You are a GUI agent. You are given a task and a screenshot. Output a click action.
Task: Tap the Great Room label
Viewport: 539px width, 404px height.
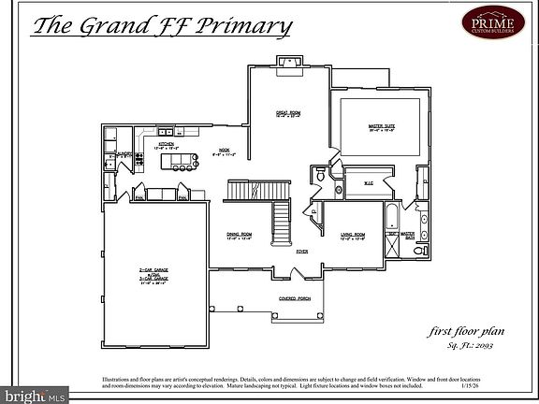point(287,115)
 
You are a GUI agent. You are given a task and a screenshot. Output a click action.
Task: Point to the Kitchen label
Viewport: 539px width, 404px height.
point(166,145)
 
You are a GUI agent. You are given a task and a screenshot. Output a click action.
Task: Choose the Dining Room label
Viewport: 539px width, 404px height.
point(240,236)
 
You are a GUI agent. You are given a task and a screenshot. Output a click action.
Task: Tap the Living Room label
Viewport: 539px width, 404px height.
point(352,236)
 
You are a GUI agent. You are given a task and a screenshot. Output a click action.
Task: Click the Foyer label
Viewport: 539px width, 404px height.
point(302,252)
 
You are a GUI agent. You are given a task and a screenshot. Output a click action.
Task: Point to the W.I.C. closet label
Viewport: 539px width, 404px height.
point(369,183)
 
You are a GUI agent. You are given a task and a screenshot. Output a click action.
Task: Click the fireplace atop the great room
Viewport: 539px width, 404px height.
point(287,63)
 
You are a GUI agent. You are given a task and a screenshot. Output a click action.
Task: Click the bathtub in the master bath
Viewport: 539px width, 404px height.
point(391,221)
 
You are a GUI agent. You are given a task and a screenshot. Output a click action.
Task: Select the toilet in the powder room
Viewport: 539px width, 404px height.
point(319,174)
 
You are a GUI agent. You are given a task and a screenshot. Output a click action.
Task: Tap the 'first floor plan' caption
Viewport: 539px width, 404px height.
point(461,332)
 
